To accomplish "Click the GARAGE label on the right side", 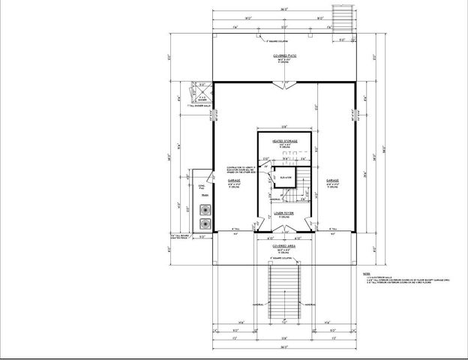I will tap(333, 181).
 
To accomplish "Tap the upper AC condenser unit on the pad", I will tap(205, 211).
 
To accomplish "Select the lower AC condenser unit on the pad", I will tap(205, 223).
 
